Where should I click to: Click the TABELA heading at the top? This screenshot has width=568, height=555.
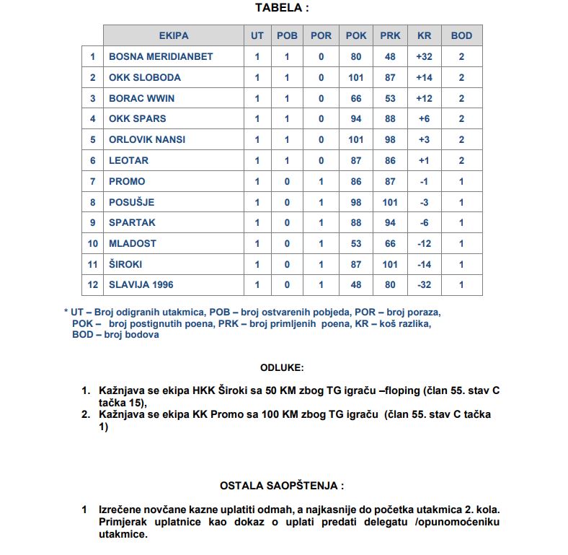click(283, 8)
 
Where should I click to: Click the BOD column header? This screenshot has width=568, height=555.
click(461, 35)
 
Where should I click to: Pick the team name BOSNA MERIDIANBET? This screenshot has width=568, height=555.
click(161, 56)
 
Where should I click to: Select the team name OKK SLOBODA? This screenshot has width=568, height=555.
click(145, 77)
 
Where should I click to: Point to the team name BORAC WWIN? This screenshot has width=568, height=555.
click(141, 98)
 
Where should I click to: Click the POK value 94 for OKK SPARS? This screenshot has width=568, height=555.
click(356, 118)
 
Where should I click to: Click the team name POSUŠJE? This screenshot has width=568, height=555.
click(131, 202)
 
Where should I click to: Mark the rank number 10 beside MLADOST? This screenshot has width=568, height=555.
click(92, 243)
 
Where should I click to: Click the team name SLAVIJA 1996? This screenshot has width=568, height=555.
click(141, 285)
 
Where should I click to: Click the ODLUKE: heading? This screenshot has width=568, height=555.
click(282, 367)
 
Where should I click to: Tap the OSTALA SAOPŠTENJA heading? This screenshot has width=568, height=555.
click(282, 486)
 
